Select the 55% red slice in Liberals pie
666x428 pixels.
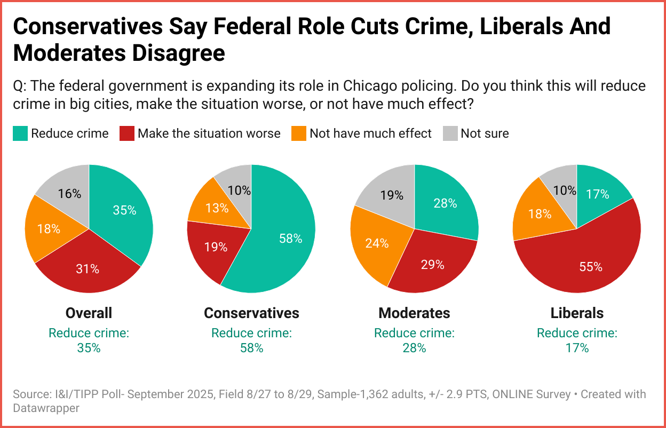(587, 261)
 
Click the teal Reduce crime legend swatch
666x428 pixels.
(20, 133)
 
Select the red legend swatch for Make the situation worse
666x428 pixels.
(126, 133)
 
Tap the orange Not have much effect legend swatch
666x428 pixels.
(298, 133)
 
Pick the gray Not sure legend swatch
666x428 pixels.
(449, 133)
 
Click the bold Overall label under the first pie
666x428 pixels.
(89, 313)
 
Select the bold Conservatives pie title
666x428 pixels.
(251, 313)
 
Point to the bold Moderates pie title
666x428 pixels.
(414, 313)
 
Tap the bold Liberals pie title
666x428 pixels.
(577, 313)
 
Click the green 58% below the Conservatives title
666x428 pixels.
(251, 348)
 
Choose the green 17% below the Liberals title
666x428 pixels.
(577, 348)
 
